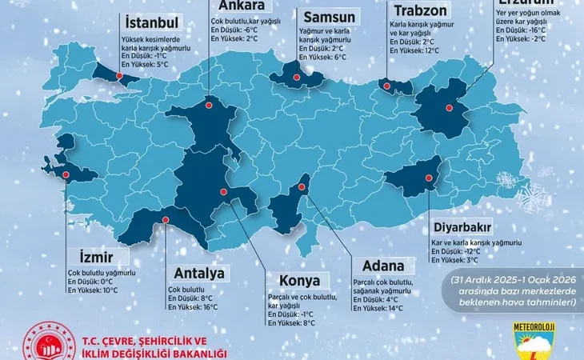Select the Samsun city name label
(327, 16)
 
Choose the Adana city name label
(378, 266)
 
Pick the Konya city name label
(299, 281)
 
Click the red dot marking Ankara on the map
(209, 102)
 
